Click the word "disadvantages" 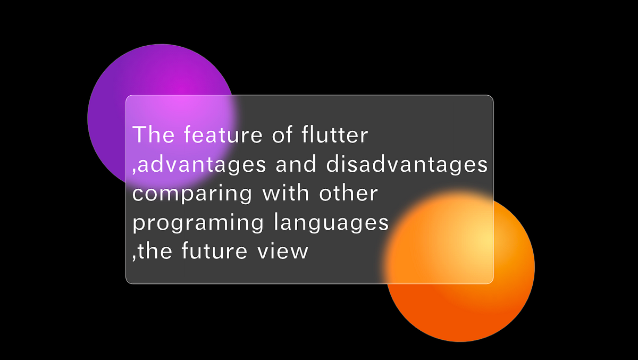407,165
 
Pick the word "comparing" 192,194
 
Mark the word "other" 348,193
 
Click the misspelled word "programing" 198,223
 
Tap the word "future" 213,251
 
